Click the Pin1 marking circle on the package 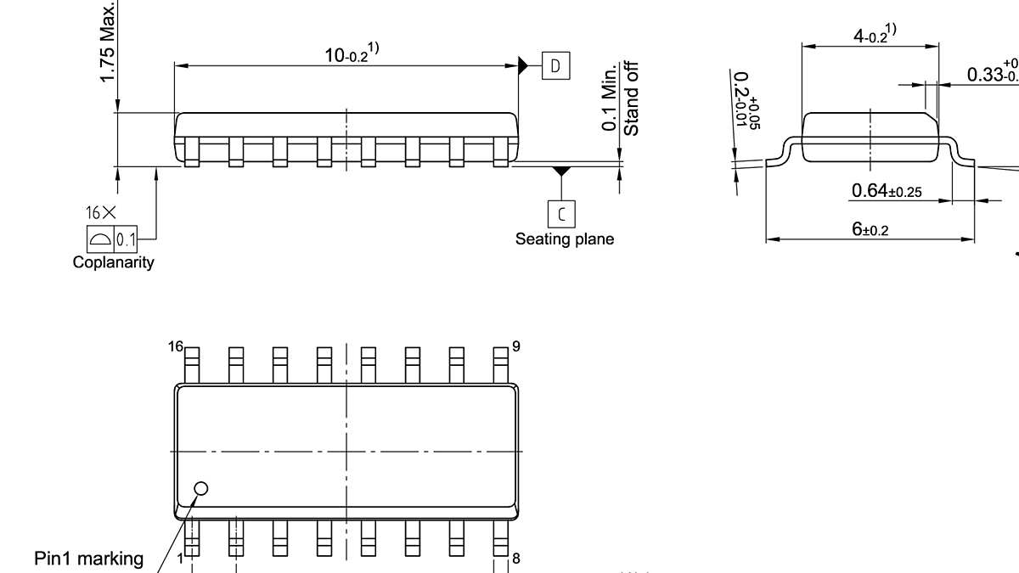tap(201, 488)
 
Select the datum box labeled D tap(556, 66)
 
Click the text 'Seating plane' tap(564, 239)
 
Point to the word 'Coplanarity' tap(113, 262)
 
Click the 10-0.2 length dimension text tap(351, 55)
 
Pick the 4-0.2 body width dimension tap(874, 35)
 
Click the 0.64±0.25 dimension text tap(887, 191)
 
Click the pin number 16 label tap(175, 346)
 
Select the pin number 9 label tap(515, 346)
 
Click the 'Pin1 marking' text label tap(89, 559)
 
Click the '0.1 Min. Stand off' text tap(621, 98)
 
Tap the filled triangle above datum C tap(560, 171)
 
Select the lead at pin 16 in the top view tap(192, 364)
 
